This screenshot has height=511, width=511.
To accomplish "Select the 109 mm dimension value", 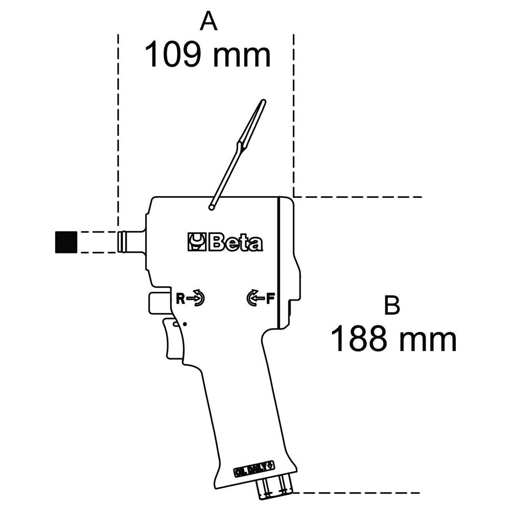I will click(x=207, y=55).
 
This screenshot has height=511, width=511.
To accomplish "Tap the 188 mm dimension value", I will click(x=393, y=340).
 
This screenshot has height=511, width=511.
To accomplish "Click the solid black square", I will click(x=65, y=242).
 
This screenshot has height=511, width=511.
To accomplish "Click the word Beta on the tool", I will click(x=236, y=242).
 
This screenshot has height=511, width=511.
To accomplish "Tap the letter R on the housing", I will click(x=180, y=298).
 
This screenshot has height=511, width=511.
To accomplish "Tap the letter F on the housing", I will click(x=270, y=298).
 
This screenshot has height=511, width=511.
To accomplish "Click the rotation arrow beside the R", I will click(x=197, y=298).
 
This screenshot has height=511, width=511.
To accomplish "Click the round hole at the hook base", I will click(x=211, y=207).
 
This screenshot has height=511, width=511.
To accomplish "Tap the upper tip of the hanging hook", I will click(x=263, y=102).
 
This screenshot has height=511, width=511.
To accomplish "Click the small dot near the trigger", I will click(x=184, y=324).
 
